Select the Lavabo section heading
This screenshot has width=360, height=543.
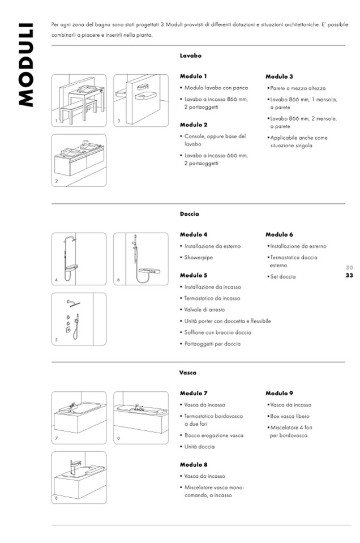pyautogui.click(x=191, y=56)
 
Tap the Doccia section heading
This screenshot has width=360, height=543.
pyautogui.click(x=189, y=214)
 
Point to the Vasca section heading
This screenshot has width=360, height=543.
pyautogui.click(x=188, y=373)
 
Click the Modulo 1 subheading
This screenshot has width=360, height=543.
pyautogui.click(x=194, y=76)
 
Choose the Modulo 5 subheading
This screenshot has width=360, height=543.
pyautogui.click(x=194, y=275)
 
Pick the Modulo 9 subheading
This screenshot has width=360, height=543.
pyautogui.click(x=279, y=393)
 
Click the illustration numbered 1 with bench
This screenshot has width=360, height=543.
pyautogui.click(x=79, y=101)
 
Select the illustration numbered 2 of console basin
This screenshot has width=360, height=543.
pyautogui.click(x=79, y=160)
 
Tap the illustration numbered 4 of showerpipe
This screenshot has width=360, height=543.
pyautogui.click(x=79, y=259)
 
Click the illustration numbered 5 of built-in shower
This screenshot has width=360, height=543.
pyautogui.click(x=79, y=319)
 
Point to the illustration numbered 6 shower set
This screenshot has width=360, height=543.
pyautogui.click(x=141, y=259)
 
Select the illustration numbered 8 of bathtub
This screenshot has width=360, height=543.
pyautogui.click(x=79, y=477)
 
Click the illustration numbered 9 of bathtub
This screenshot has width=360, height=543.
pyautogui.click(x=141, y=418)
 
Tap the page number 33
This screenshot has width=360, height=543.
pyautogui.click(x=349, y=275)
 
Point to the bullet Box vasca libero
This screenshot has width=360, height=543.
pyautogui.click(x=289, y=416)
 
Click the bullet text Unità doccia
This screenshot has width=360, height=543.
pyautogui.click(x=199, y=446)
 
